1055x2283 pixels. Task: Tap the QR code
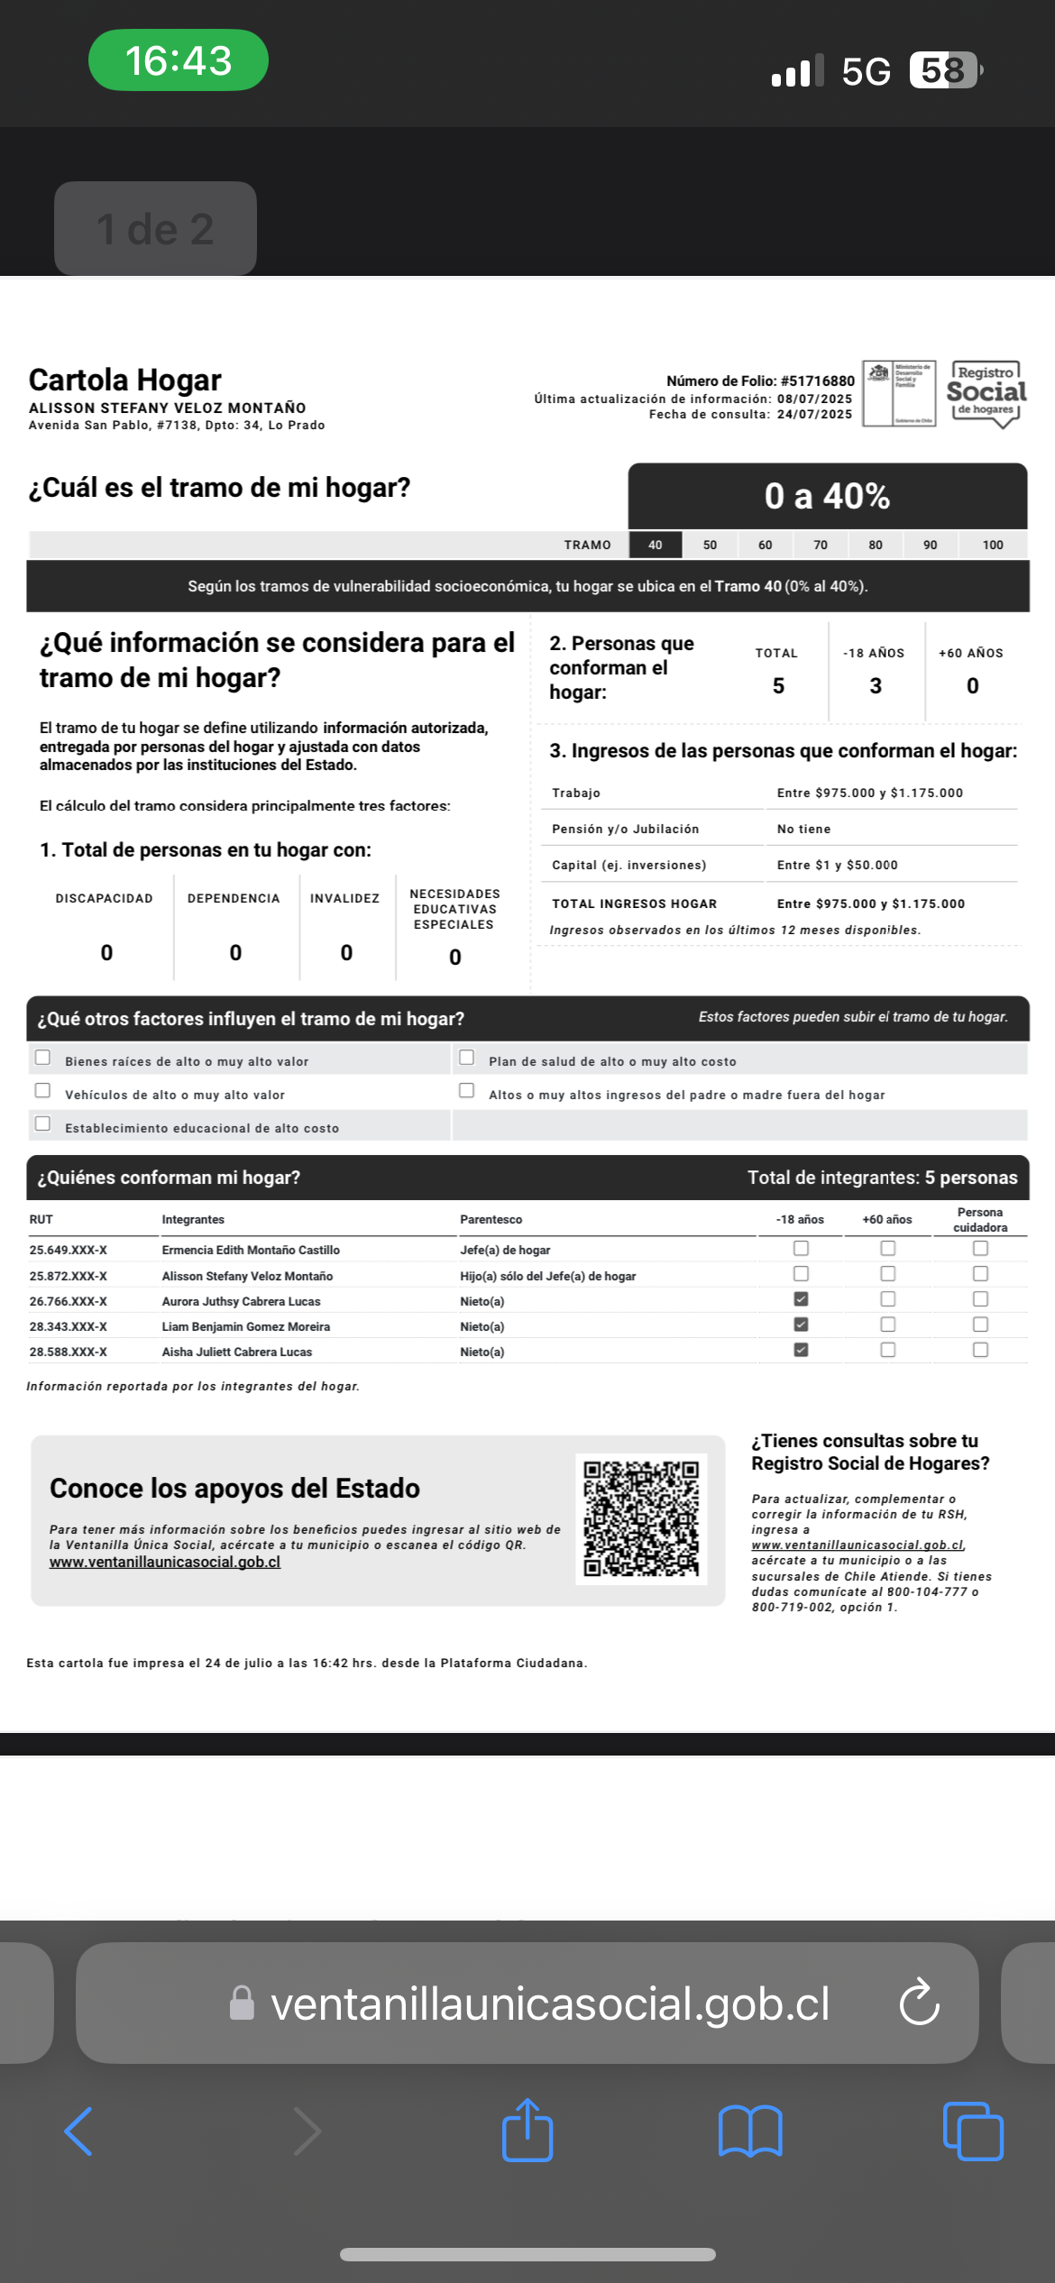coord(641,1519)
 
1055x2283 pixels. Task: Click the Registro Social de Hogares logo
coord(986,393)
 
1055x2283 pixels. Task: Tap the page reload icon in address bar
coord(919,2003)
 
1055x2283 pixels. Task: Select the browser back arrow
coord(79,2132)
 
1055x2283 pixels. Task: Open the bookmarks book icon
coord(750,2132)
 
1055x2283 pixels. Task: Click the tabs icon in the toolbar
coord(973,2132)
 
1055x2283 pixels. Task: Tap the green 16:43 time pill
coord(179,60)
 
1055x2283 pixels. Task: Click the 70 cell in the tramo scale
coord(821,545)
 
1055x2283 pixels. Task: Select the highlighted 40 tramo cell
coord(656,545)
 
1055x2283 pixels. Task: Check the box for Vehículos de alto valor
coord(42,1091)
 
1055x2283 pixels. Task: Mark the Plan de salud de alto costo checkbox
coord(466,1058)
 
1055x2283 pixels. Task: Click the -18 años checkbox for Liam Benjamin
coord(801,1325)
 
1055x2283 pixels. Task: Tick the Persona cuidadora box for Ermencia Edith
coord(980,1249)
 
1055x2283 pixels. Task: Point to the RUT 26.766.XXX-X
coord(69,1301)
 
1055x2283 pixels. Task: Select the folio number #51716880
coord(818,380)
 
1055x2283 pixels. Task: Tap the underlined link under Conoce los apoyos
coord(165,1562)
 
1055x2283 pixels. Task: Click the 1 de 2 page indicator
coord(155,229)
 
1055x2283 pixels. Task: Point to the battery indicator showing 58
coord(944,70)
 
